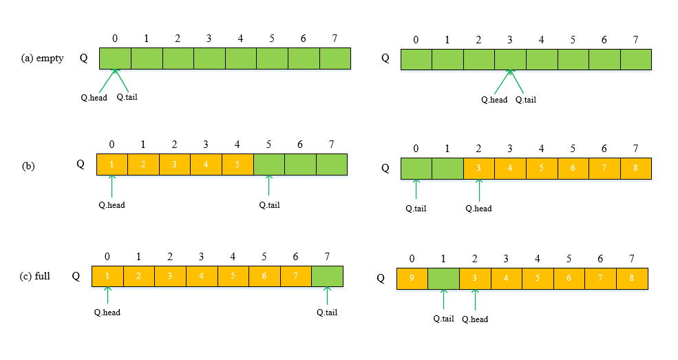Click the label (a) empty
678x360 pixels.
pos(43,59)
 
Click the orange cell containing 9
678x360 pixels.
pos(412,279)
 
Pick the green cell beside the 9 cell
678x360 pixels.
pos(443,279)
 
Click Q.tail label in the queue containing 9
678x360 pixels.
pos(443,318)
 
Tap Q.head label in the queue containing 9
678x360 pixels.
pos(475,319)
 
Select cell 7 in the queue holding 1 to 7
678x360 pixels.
pos(295,277)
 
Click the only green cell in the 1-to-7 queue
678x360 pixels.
pos(327,277)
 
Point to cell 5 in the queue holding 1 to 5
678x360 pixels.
pos(237,165)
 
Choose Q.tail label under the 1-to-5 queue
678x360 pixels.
pos(269,204)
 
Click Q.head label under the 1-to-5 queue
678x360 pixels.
pos(112,204)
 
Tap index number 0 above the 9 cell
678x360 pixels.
pos(412,259)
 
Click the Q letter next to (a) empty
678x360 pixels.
pos(83,59)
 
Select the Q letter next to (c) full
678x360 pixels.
pos(76,276)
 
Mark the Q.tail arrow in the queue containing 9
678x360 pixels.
pos(443,299)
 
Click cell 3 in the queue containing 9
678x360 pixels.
pos(475,279)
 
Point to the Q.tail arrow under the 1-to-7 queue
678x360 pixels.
pos(327,296)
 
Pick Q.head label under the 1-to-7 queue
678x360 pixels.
pos(107,312)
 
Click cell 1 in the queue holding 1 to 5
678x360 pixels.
pos(112,165)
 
